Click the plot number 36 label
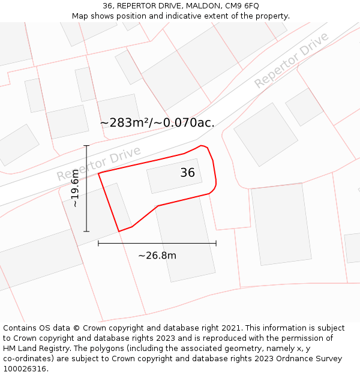(x=187, y=173)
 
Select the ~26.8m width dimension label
(x=157, y=256)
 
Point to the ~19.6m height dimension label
(x=75, y=188)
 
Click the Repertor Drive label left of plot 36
(x=98, y=163)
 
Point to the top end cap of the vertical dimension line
(x=86, y=146)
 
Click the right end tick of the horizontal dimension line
(x=216, y=243)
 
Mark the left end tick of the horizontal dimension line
(x=98, y=243)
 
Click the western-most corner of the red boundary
(x=98, y=173)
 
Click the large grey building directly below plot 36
(x=184, y=240)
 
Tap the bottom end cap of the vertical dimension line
(x=86, y=231)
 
